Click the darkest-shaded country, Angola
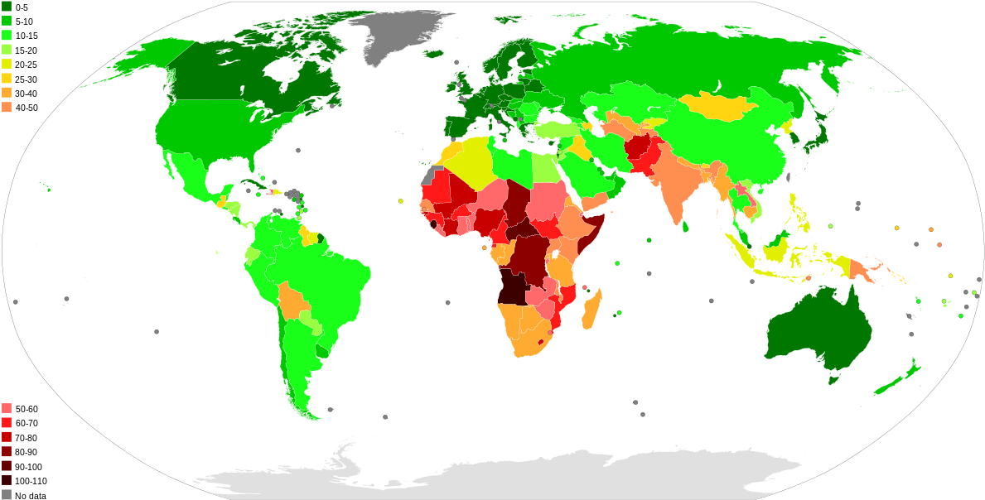[513, 286]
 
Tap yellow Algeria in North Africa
[469, 161]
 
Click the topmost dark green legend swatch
[7, 7]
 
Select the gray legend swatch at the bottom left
[7, 494]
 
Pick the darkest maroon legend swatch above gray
[7, 480]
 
